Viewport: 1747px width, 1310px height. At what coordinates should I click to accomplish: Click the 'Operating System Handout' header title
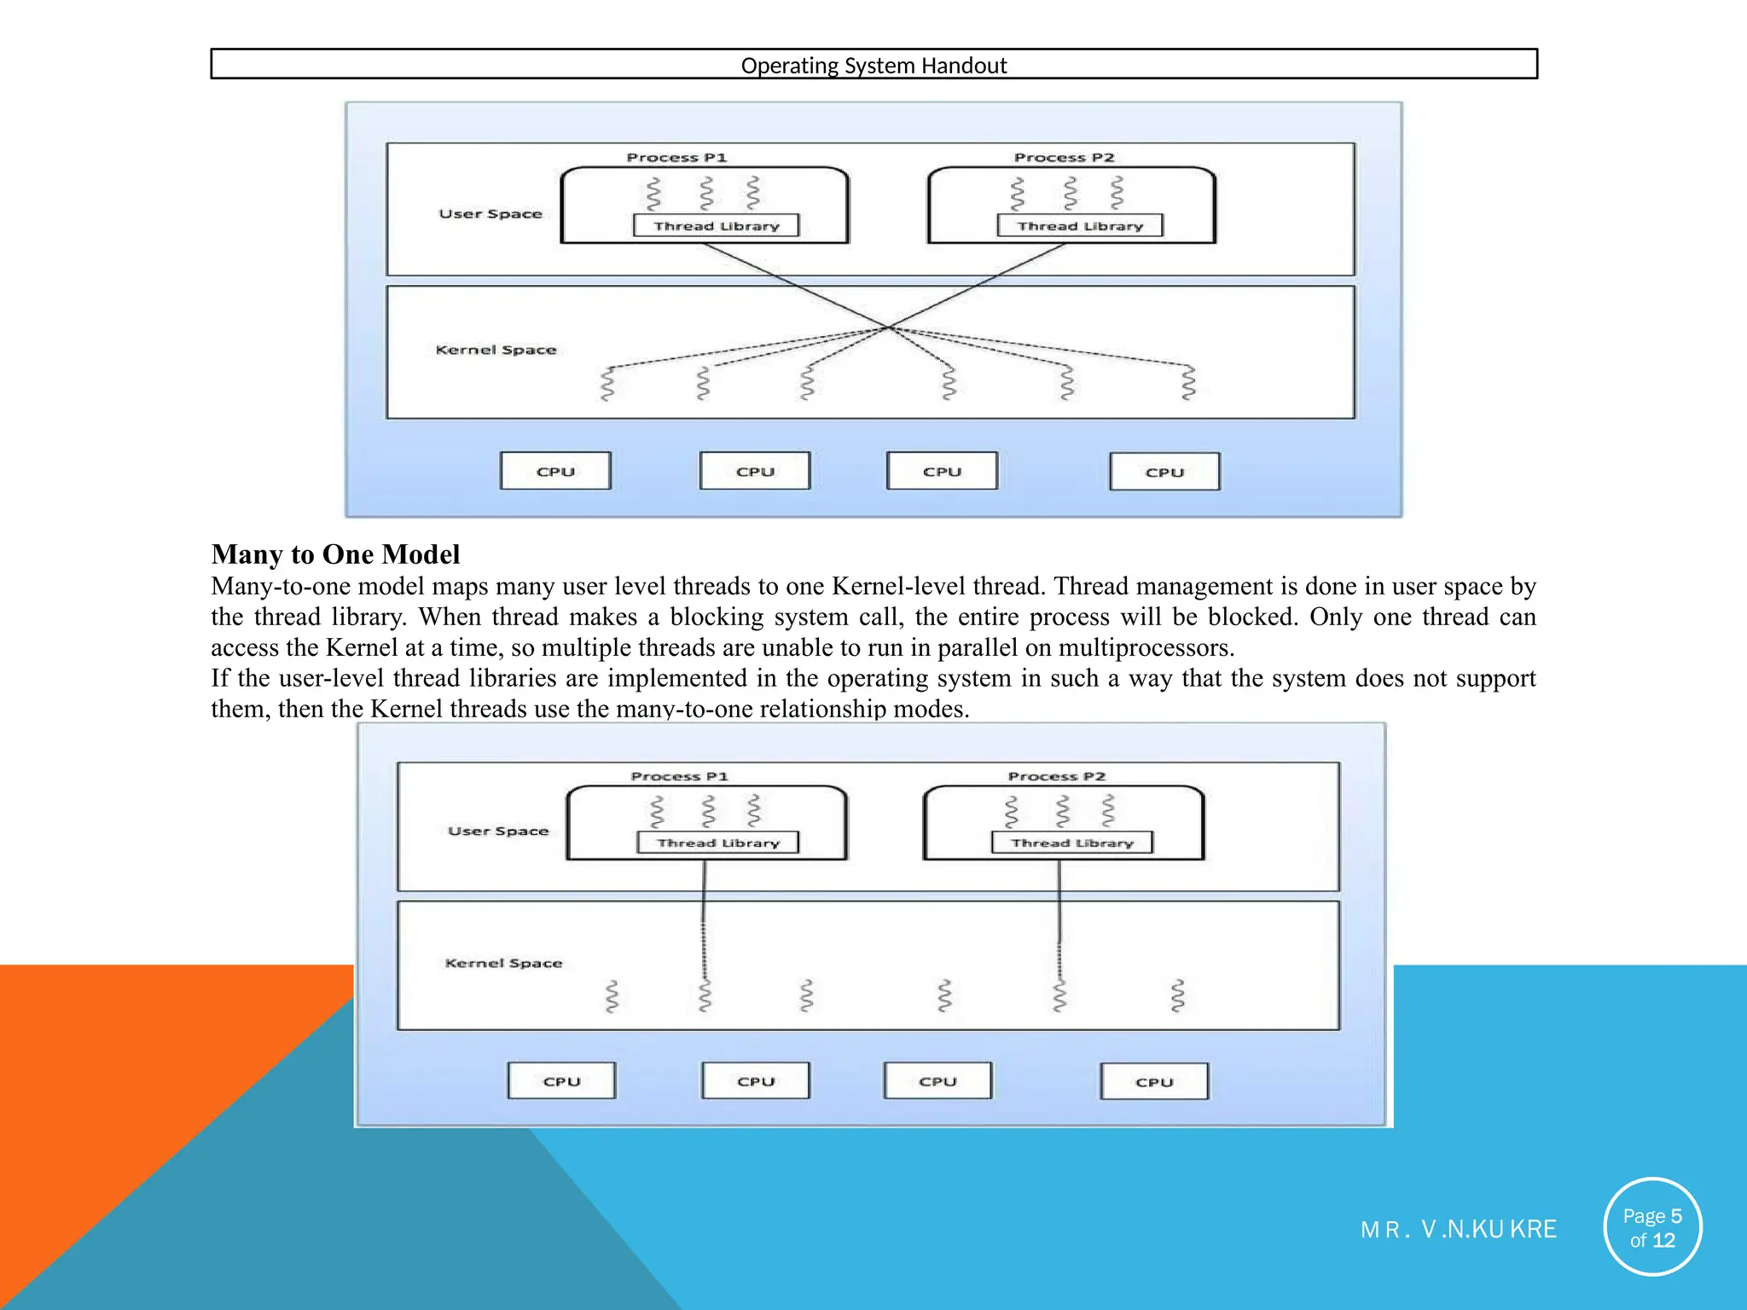(873, 66)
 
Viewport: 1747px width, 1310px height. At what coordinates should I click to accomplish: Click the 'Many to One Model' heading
(335, 554)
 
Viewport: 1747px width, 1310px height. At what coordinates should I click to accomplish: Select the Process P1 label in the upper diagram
(676, 158)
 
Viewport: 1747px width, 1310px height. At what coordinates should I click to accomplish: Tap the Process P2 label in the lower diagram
(1056, 776)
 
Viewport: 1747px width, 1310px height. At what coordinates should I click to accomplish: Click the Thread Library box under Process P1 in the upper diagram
(717, 226)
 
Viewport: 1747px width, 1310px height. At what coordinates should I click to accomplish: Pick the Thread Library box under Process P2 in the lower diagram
(1072, 843)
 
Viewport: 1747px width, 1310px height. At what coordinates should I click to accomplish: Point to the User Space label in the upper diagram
(490, 214)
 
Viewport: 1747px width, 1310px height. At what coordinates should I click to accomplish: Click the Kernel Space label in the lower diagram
(503, 963)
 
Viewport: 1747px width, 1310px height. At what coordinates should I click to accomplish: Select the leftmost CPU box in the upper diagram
(555, 472)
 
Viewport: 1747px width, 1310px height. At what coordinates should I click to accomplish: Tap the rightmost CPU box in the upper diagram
(1164, 472)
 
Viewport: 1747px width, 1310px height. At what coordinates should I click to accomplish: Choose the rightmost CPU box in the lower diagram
(1154, 1081)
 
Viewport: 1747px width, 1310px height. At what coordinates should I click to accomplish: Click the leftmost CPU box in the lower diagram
(561, 1081)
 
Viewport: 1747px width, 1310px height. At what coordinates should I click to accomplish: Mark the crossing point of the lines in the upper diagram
(888, 327)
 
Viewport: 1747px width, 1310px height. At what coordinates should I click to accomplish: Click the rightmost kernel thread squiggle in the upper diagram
(1188, 383)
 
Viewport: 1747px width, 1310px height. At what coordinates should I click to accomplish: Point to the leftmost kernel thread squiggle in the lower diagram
(612, 996)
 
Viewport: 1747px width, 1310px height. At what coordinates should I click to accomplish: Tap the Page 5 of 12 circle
(1652, 1227)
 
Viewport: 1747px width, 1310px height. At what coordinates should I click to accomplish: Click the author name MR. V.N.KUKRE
(1459, 1229)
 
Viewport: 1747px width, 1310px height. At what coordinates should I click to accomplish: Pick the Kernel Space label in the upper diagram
(496, 350)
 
